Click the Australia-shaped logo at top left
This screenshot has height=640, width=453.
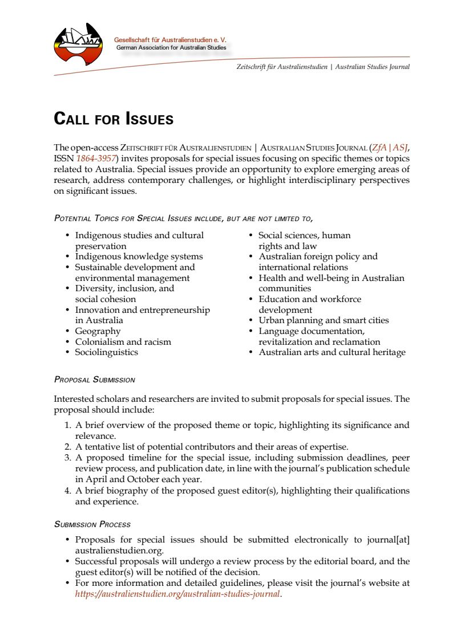78,44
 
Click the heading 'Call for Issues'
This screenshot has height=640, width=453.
113,119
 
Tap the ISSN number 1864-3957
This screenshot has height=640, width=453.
96,158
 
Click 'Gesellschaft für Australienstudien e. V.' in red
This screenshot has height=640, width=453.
170,40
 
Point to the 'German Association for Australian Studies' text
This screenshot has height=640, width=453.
171,48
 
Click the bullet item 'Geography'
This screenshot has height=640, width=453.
98,331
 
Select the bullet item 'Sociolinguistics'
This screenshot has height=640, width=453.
106,352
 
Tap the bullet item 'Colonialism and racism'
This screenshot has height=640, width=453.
123,342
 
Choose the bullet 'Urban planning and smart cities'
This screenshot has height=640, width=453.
323,320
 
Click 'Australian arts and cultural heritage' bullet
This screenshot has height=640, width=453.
332,352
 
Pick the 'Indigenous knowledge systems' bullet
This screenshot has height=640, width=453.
139,256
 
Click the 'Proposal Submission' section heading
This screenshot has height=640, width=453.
94,380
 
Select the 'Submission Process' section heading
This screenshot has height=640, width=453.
92,524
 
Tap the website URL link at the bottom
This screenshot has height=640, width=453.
177,594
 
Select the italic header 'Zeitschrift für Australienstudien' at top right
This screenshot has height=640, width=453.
282,67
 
